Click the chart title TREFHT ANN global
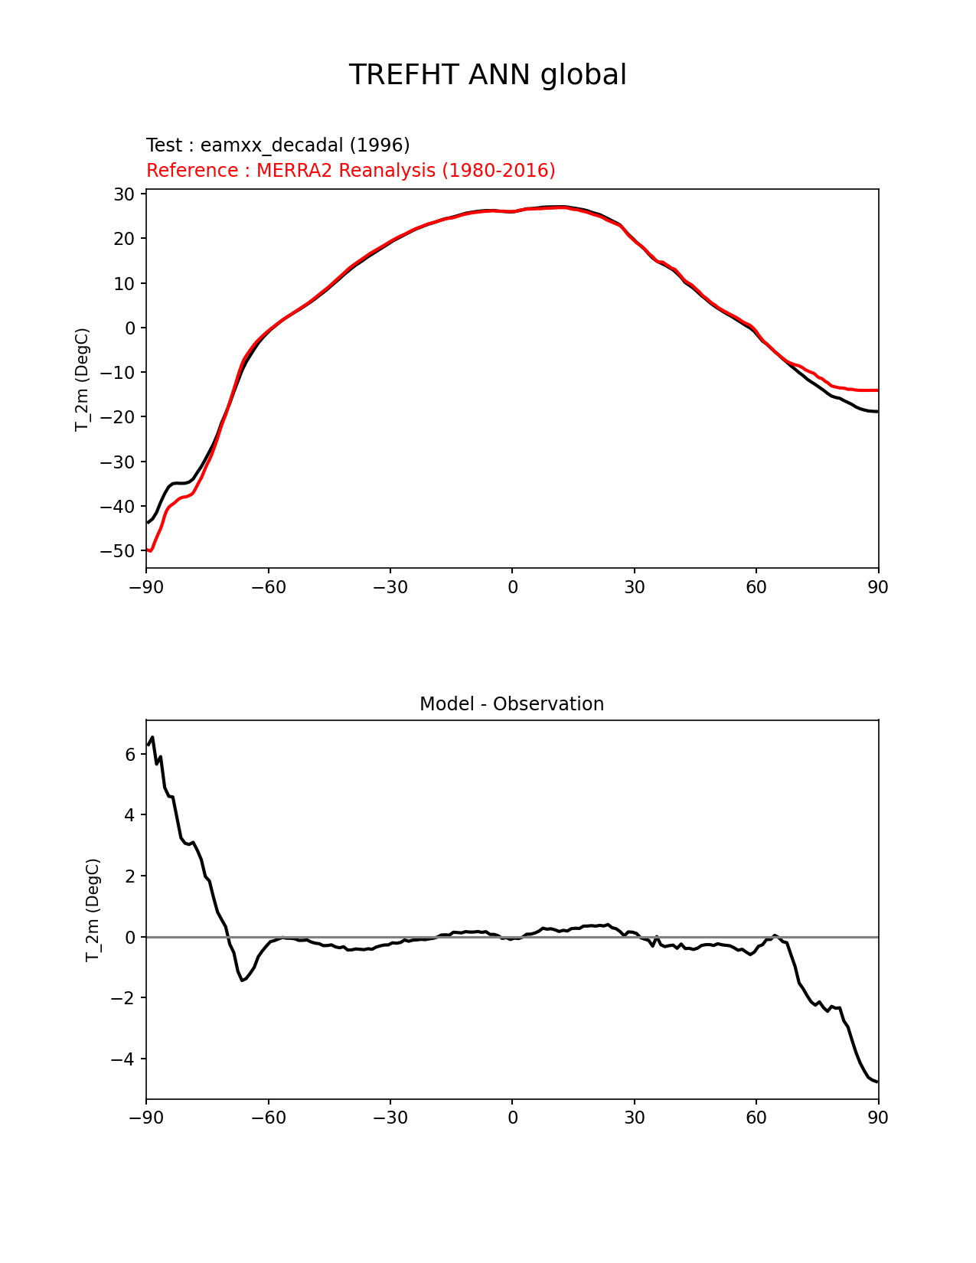point(488,75)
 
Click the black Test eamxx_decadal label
point(278,145)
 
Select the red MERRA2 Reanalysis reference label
point(351,170)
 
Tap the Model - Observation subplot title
point(511,704)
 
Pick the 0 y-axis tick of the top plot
point(131,328)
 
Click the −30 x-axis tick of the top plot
point(390,587)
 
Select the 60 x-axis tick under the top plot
point(756,587)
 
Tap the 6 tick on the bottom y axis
point(130,755)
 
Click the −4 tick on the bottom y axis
point(122,1059)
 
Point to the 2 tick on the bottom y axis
point(130,876)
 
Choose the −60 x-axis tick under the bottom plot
point(268,1118)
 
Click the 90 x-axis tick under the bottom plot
point(878,1118)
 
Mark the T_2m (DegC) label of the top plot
point(82,379)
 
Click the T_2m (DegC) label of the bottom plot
point(92,909)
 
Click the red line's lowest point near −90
point(150,550)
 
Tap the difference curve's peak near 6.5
point(152,737)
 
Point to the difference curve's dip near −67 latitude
point(242,981)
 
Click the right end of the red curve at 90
point(877,390)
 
